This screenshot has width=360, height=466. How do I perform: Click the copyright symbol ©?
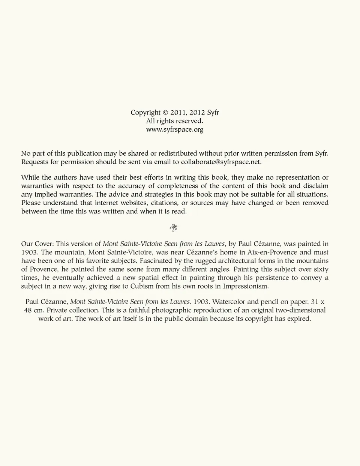(165, 113)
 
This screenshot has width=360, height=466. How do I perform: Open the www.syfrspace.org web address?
(175, 129)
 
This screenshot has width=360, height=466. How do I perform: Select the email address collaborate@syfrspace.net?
(220, 162)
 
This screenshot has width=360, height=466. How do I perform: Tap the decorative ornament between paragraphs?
(174, 227)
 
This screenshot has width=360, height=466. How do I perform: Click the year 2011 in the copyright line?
(178, 113)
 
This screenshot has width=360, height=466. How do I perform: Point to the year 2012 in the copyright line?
(197, 113)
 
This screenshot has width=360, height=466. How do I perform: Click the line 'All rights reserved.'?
(175, 121)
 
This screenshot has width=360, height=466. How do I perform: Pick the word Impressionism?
(246, 286)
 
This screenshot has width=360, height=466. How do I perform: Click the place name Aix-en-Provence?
(272, 252)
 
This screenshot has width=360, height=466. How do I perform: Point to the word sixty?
(321, 269)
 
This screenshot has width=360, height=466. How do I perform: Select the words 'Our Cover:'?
(37, 244)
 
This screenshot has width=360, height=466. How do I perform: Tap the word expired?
(299, 319)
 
